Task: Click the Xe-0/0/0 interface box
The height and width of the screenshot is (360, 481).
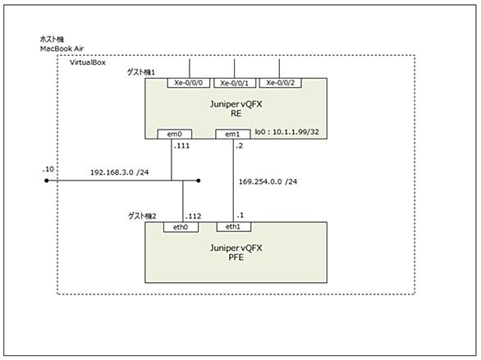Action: click(189, 83)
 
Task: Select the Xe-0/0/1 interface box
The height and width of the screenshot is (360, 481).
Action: click(235, 83)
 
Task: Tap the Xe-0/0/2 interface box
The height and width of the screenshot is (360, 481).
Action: click(281, 83)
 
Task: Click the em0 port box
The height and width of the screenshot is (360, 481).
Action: click(175, 134)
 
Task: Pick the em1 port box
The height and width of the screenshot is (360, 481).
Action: click(233, 134)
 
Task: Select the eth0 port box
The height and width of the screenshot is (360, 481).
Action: click(181, 227)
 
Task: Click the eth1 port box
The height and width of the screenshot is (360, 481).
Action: click(234, 226)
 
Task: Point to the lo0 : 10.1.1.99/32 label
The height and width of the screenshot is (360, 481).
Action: click(287, 132)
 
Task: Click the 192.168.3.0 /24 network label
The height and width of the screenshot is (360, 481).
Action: click(119, 172)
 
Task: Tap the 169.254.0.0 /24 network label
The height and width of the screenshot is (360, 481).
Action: click(268, 181)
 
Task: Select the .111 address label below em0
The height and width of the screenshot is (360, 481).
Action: click(181, 146)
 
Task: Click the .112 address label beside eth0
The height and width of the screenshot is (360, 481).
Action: click(193, 216)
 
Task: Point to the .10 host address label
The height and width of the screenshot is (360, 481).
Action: click(48, 169)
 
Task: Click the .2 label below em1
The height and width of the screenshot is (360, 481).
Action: click(240, 146)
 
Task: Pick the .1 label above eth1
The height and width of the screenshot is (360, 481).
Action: click(240, 215)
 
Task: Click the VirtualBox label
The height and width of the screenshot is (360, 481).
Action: click(88, 62)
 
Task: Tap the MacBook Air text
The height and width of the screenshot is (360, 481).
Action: click(62, 48)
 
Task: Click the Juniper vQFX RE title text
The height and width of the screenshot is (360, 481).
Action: click(236, 108)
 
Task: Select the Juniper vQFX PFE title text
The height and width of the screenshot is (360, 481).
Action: click(236, 252)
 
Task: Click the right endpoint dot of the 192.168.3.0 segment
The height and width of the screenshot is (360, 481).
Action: click(199, 180)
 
